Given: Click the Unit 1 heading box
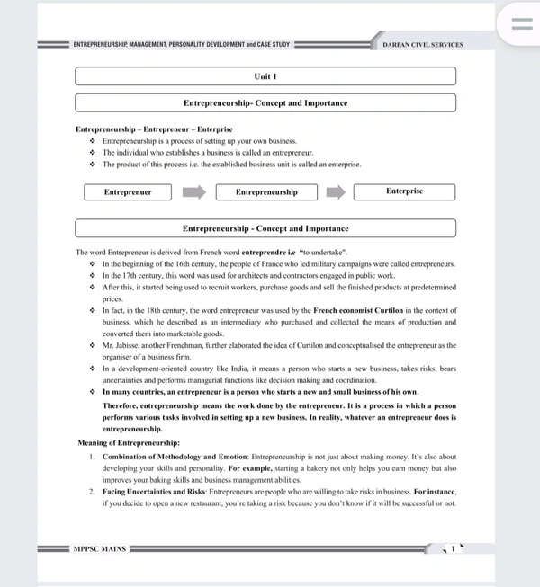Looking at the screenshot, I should click(265, 77).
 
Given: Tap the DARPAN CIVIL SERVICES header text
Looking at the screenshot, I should click(422, 44).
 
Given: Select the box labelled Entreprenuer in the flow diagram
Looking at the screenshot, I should click(128, 192).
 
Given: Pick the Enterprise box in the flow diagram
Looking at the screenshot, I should click(404, 192).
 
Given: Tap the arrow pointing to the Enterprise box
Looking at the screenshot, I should click(335, 192).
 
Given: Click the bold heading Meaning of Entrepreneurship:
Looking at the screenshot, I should click(128, 443).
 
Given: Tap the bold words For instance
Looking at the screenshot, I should click(435, 492).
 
